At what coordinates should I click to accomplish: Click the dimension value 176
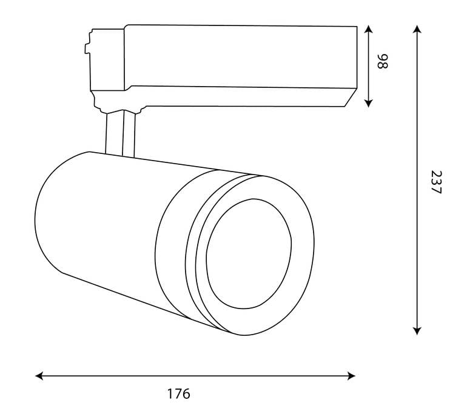pyautogui.click(x=178, y=394)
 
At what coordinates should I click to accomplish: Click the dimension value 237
pyautogui.click(x=436, y=182)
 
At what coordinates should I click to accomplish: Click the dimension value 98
pyautogui.click(x=383, y=61)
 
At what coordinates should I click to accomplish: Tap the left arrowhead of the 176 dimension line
pyautogui.click(x=39, y=376)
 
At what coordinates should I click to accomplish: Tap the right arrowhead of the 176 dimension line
pyautogui.click(x=351, y=376)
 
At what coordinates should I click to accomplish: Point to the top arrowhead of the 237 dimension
pyautogui.click(x=417, y=29)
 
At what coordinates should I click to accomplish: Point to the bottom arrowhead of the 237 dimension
pyautogui.click(x=417, y=331)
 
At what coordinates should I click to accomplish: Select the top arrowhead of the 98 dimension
pyautogui.click(x=368, y=29)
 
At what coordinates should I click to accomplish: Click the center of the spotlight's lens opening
pyautogui.click(x=249, y=253)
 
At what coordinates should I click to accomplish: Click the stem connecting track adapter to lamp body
pyautogui.click(x=120, y=133)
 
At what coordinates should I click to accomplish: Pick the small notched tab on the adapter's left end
pyautogui.click(x=87, y=48)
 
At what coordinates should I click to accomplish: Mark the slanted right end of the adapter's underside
pyautogui.click(x=351, y=98)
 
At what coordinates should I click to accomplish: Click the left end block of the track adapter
pyautogui.click(x=107, y=59)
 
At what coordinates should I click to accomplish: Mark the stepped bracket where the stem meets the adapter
pyautogui.click(x=119, y=102)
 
